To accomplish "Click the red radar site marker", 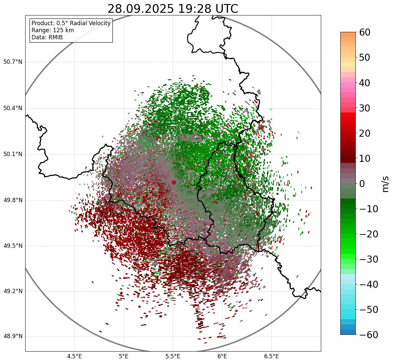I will point(174,182).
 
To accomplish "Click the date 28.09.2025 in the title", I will point(140,9).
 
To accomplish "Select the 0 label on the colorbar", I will point(362,184).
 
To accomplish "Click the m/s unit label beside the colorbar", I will point(385,184).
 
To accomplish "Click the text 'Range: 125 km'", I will point(53,30).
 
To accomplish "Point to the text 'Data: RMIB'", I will point(47,37).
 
